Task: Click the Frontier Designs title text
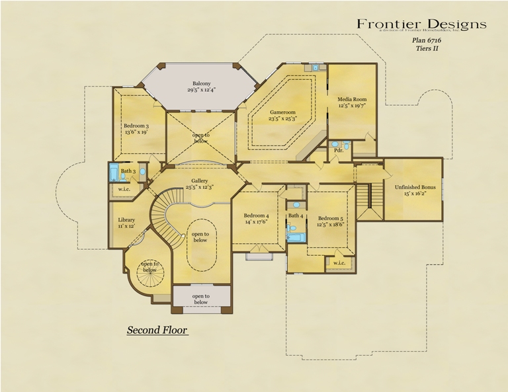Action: point(421,24)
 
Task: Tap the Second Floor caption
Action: point(157,329)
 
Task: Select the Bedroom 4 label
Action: point(256,216)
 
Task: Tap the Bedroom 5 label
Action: point(331,219)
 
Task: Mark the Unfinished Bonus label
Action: point(413,188)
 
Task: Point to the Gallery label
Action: point(200,181)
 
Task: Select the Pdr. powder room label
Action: point(339,150)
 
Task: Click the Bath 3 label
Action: point(128,171)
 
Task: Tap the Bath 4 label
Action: point(295,216)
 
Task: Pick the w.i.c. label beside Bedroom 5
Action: point(339,262)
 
